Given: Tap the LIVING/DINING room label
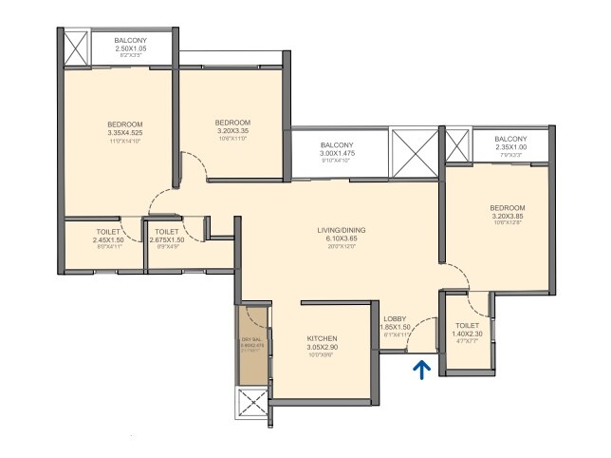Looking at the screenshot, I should pyautogui.click(x=342, y=230).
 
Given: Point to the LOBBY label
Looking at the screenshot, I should pyautogui.click(x=396, y=318).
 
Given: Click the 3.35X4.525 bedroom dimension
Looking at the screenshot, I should pyautogui.click(x=124, y=133).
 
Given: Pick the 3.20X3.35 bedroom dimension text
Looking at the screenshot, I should pyautogui.click(x=231, y=131).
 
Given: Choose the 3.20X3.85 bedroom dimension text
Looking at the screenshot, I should pyautogui.click(x=508, y=217).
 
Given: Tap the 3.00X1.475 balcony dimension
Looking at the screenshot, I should pyautogui.click(x=340, y=153).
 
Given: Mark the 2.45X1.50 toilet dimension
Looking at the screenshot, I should pyautogui.click(x=107, y=239).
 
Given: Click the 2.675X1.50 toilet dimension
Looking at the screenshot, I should pyautogui.click(x=167, y=239).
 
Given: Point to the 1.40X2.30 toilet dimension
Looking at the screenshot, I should pyautogui.click(x=467, y=334).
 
